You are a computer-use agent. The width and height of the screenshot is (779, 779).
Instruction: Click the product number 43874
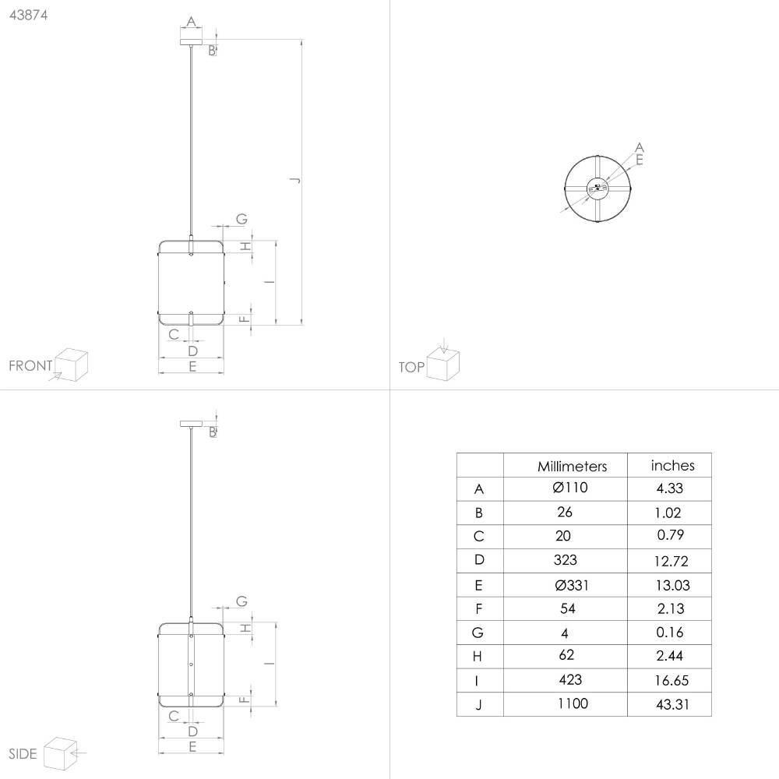click(28, 15)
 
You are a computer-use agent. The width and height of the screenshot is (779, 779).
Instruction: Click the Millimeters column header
click(572, 466)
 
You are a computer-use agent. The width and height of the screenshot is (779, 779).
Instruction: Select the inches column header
click(672, 466)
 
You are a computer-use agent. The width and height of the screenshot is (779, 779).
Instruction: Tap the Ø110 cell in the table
click(570, 488)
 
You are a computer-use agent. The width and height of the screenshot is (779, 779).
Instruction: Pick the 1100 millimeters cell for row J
click(573, 703)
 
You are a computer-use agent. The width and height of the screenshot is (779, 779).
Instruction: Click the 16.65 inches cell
click(671, 680)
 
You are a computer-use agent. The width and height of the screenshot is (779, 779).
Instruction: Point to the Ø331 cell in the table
click(571, 585)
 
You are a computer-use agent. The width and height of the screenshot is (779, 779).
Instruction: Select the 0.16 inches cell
click(669, 632)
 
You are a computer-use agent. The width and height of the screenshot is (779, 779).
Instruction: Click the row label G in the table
click(478, 633)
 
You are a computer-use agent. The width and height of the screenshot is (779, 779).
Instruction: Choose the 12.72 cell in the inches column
click(671, 561)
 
